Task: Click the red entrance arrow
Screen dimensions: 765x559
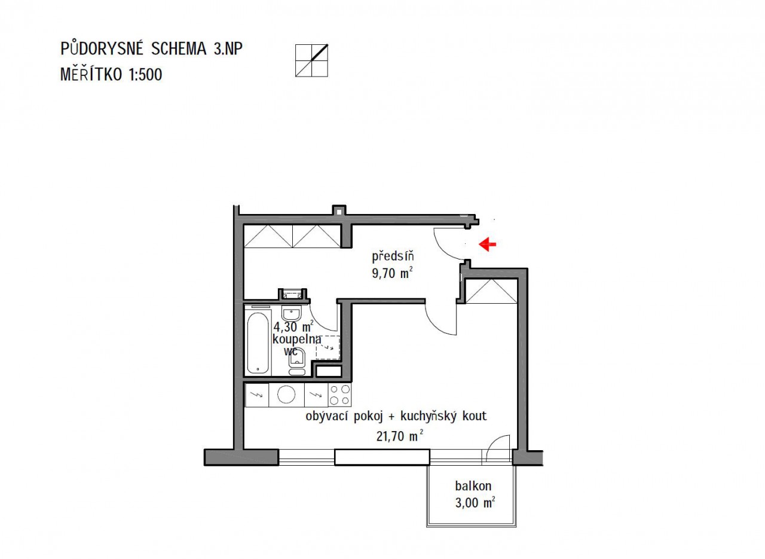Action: (487, 244)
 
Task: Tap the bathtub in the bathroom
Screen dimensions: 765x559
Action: (258, 343)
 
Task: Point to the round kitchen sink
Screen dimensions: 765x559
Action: (286, 395)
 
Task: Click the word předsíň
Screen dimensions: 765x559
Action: (393, 256)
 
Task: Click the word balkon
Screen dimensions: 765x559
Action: (473, 485)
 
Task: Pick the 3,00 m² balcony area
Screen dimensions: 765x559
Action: (475, 503)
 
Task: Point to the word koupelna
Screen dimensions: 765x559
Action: (297, 340)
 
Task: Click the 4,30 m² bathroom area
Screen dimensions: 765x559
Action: (293, 326)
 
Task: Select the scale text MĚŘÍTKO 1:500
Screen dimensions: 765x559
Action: (111, 74)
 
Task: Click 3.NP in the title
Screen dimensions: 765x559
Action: (228, 48)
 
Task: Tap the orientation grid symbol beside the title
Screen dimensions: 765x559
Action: (311, 60)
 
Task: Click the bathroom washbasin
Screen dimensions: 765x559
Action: (291, 313)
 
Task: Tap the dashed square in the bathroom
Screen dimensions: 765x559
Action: (328, 347)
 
